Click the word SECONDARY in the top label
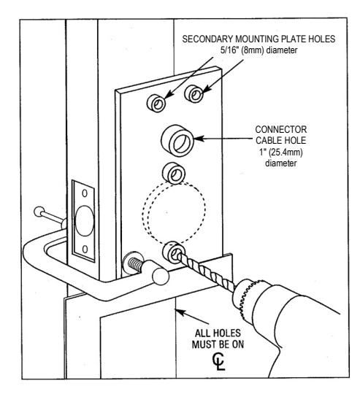click(207, 39)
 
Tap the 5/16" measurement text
click(229, 50)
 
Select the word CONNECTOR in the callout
click(281, 130)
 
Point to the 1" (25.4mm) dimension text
click(281, 152)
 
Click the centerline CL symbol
click(219, 362)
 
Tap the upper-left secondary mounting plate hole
click(156, 104)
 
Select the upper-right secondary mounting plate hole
click(194, 94)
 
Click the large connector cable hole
click(177, 141)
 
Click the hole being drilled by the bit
click(174, 252)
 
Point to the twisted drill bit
click(206, 272)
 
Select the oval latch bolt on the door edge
click(85, 221)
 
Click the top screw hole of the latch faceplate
click(85, 193)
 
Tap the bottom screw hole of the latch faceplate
click(85, 249)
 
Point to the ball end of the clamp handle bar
click(39, 212)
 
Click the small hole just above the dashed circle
click(174, 174)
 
